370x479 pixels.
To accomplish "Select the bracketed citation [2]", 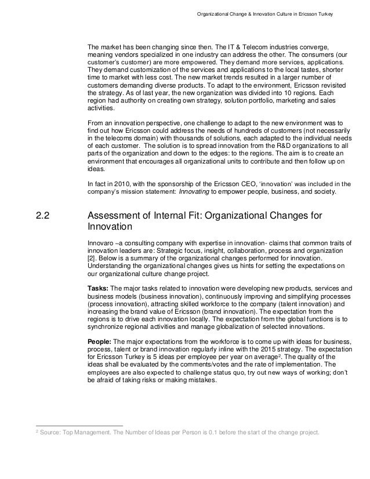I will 90,257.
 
